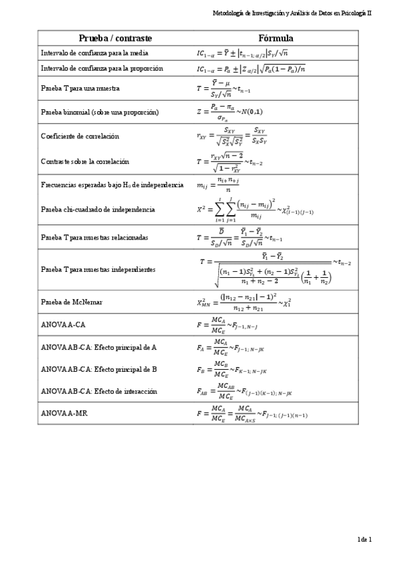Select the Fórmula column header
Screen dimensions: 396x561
point(277,38)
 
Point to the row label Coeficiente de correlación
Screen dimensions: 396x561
point(80,136)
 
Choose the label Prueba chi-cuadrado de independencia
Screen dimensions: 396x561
point(98,209)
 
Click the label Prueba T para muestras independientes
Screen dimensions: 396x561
point(98,270)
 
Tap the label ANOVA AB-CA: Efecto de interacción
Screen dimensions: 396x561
point(99,392)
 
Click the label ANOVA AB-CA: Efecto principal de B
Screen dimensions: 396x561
point(99,369)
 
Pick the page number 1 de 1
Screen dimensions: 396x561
point(365,540)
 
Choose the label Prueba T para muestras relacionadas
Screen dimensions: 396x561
point(94,237)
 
